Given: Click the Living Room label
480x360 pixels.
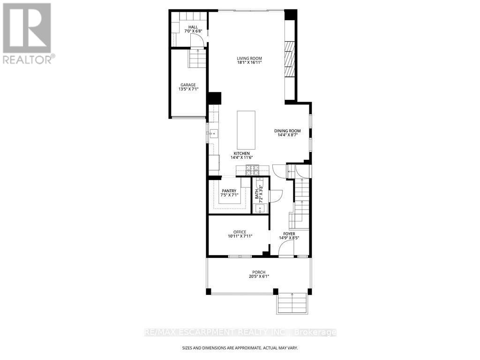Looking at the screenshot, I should click(249, 58).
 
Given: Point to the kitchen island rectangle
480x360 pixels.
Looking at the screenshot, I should click(246, 129).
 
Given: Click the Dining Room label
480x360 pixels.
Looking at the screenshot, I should click(287, 131).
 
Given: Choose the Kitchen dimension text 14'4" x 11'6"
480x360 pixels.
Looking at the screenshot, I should click(242, 157).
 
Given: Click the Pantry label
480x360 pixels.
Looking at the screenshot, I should click(229, 190).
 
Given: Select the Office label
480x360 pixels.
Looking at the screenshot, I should click(240, 232).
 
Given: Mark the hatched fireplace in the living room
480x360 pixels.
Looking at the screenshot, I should click(290, 58).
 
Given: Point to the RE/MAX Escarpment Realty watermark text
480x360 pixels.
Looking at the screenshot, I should click(240, 332).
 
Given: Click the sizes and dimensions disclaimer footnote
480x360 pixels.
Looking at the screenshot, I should click(240, 348).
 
